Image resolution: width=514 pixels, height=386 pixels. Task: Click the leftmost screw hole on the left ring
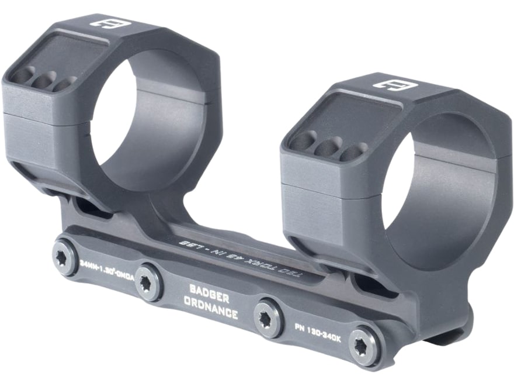pyautogui.click(x=25, y=75)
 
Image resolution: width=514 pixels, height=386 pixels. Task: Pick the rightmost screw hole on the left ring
pyautogui.click(x=64, y=84)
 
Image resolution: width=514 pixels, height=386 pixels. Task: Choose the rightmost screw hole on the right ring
pyautogui.click(x=353, y=152)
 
